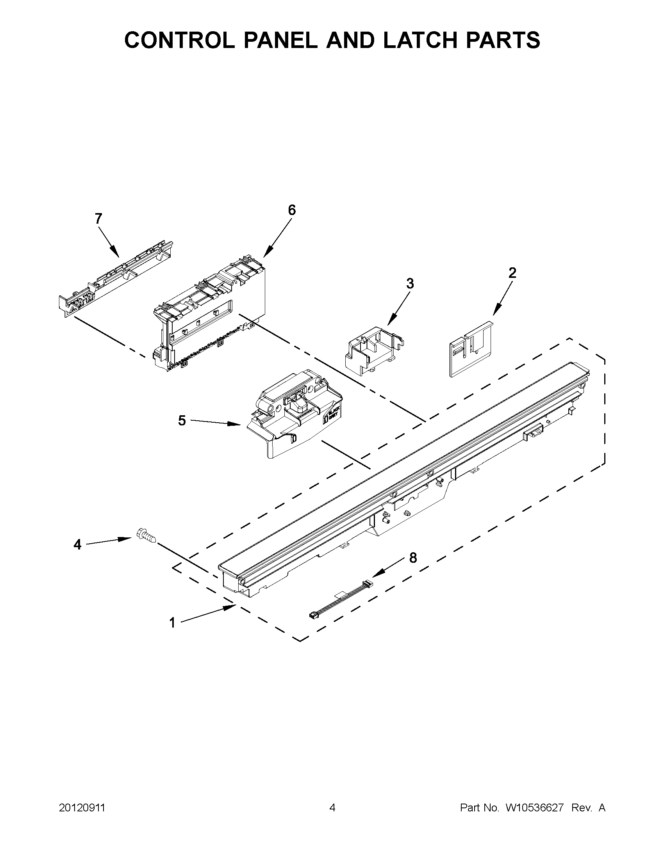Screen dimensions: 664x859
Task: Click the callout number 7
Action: click(98, 218)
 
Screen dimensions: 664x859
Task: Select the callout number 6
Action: click(292, 210)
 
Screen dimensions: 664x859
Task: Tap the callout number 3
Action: click(410, 283)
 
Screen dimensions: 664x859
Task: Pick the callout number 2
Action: click(512, 272)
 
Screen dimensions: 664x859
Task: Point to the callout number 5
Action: click(182, 420)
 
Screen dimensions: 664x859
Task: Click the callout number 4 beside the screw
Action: click(78, 545)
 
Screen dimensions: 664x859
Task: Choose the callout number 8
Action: click(413, 558)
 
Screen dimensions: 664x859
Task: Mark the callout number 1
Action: click(172, 622)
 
